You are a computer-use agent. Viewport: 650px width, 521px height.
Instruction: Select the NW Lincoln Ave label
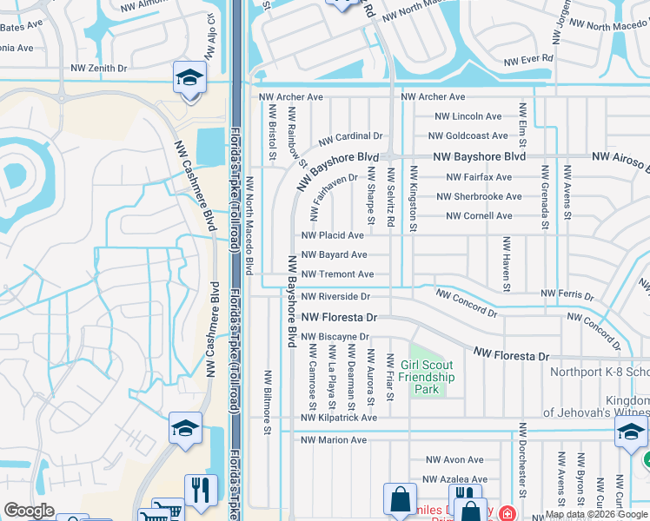(x=468, y=116)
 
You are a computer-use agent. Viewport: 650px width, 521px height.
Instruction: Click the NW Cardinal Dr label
(x=350, y=137)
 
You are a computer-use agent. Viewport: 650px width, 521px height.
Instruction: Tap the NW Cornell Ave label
(x=479, y=216)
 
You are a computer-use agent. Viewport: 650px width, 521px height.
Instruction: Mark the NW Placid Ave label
(x=332, y=235)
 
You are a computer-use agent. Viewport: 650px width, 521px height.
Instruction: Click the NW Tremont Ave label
(x=337, y=274)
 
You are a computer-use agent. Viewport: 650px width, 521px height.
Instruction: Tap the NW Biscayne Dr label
(x=336, y=337)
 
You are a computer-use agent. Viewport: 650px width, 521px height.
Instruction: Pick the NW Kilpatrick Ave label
(x=339, y=418)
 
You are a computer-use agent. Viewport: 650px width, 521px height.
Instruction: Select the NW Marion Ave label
(x=334, y=440)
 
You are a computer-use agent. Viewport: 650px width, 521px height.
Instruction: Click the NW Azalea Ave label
(x=456, y=479)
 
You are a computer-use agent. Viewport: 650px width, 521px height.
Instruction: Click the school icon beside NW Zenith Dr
(x=189, y=77)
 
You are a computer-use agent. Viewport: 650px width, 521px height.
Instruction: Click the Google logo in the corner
(x=29, y=511)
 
